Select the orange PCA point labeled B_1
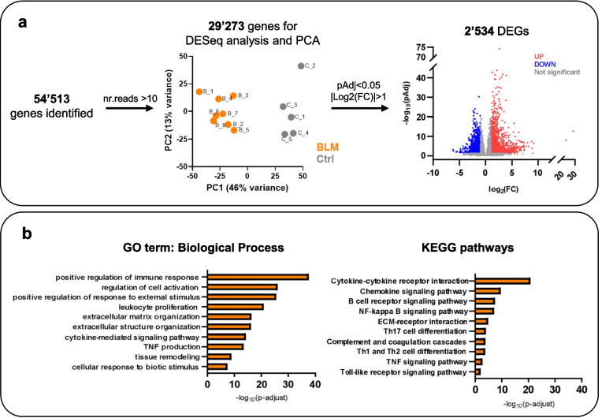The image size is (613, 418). coord(199,91)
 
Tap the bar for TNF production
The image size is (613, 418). coord(225,346)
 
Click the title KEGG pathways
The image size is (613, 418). coord(503,247)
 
